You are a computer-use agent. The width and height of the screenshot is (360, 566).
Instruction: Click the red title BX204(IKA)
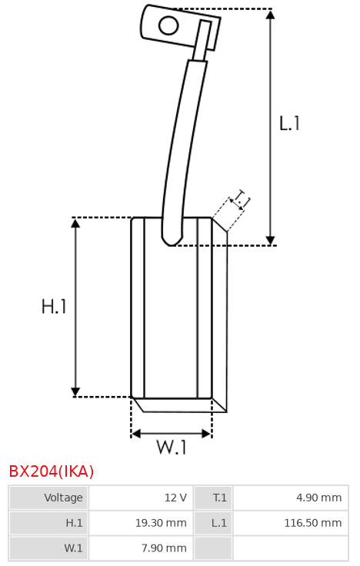[x=52, y=471]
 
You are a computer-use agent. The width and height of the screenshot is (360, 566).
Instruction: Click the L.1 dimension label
[x=289, y=123]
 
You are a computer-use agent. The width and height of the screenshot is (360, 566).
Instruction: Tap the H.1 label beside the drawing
[x=54, y=307]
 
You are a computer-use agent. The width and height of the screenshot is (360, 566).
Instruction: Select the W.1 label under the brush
[x=172, y=447]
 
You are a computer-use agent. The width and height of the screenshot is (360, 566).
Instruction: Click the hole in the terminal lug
[x=168, y=25]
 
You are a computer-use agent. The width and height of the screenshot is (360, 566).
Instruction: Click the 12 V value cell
[x=175, y=498]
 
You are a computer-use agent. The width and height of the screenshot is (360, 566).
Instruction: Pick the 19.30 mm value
[x=161, y=523]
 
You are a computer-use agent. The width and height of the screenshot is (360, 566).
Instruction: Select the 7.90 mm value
[x=164, y=548]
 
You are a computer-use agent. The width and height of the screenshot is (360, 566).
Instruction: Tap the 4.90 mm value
[x=318, y=498]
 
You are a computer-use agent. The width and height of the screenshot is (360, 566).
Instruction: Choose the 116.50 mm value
[x=313, y=523]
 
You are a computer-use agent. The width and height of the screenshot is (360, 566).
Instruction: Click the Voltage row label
[x=63, y=498]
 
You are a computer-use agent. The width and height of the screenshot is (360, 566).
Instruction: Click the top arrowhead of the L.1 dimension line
[x=271, y=15]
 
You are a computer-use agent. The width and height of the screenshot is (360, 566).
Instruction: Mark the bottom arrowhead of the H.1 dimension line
[x=75, y=391]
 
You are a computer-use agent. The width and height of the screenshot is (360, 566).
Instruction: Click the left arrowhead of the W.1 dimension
[x=135, y=433]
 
